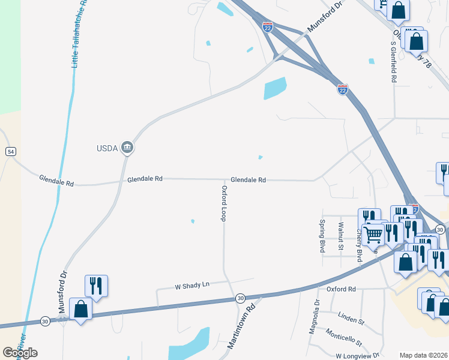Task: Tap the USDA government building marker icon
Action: click(127, 147)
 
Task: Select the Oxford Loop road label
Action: click(224, 203)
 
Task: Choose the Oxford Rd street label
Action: click(341, 289)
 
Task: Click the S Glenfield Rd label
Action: click(394, 62)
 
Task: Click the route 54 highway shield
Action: click(11, 152)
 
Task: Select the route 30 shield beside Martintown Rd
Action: click(240, 298)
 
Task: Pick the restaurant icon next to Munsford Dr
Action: click(96, 286)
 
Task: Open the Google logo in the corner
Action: click(20, 353)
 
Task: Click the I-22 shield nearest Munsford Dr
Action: click(268, 26)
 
